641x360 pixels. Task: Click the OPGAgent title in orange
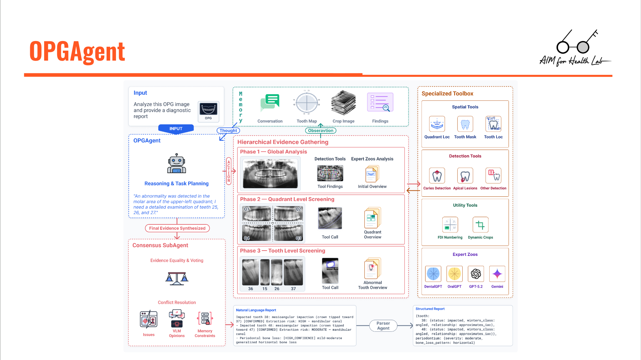pos(77,51)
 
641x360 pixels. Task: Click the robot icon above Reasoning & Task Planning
pos(177,164)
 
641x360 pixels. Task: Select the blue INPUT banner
pos(176,128)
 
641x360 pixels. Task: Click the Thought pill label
pos(228,131)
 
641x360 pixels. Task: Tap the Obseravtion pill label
pos(320,131)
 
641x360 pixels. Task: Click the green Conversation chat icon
pos(270,103)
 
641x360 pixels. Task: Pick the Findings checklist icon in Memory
pos(380,102)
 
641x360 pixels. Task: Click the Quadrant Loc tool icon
pos(437,124)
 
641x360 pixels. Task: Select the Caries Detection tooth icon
pos(437,176)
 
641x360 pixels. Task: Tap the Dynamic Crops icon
pos(480,225)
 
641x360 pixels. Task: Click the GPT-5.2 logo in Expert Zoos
pos(476,274)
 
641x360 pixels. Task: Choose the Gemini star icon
pos(497,274)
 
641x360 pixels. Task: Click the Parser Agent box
pos(383,325)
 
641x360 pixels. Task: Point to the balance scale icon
pos(177,278)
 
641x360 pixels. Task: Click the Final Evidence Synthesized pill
pos(177,228)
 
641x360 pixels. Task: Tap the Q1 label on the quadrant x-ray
pos(247,209)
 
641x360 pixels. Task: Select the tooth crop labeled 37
pos(293,273)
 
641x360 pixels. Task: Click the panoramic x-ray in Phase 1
pos(270,173)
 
